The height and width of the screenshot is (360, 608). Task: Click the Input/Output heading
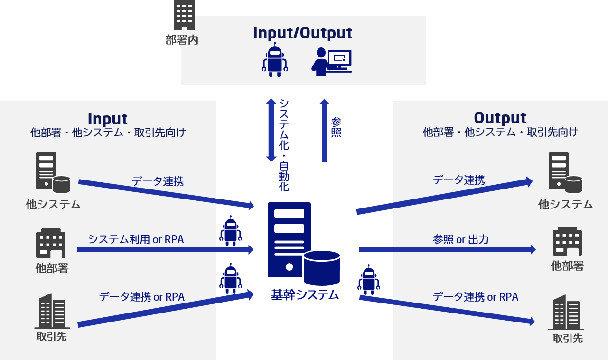(302, 33)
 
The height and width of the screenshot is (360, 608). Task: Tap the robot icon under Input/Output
(275, 60)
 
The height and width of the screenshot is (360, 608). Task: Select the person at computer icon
(331, 61)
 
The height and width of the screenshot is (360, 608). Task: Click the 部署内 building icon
(184, 15)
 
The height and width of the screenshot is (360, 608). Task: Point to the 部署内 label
(182, 40)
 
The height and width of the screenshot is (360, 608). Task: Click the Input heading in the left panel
(108, 118)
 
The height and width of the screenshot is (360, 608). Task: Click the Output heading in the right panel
(500, 117)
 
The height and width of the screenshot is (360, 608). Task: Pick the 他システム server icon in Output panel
(565, 173)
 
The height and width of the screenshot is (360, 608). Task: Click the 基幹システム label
(305, 294)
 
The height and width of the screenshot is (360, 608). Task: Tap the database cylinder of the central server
(322, 268)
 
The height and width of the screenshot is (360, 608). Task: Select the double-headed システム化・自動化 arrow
(271, 130)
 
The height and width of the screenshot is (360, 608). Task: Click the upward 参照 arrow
(324, 130)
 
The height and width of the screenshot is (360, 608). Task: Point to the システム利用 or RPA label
(136, 239)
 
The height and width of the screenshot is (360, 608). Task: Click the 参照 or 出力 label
(460, 239)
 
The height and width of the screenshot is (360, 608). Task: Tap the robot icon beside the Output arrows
(369, 280)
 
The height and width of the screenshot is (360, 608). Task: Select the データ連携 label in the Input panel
(158, 181)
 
